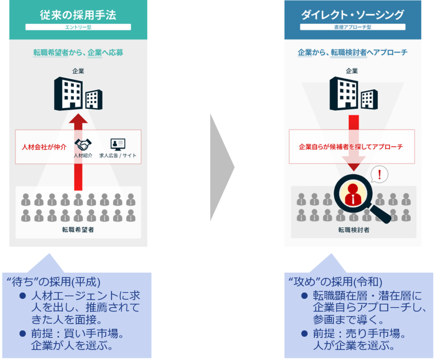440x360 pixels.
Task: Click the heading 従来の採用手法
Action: (78, 15)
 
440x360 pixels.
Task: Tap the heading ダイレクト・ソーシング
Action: (352, 15)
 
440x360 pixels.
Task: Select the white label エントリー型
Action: (78, 27)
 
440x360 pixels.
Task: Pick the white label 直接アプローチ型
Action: (353, 27)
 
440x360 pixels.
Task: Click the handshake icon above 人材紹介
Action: (83, 145)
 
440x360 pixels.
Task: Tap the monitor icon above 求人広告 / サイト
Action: (118, 145)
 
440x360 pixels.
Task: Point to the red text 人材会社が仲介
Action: (44, 147)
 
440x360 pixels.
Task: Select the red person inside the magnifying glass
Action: (353, 194)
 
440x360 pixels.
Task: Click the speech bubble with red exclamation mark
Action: (379, 174)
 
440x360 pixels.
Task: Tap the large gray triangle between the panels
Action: (222, 167)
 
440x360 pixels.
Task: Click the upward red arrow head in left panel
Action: (78, 119)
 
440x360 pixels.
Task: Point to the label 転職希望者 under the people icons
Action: (78, 230)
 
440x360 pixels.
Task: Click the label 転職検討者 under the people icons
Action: (354, 230)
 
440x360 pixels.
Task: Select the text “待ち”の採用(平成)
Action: (53, 282)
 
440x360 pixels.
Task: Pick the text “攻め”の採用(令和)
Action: (335, 282)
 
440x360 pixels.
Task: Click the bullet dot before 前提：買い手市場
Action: (23, 334)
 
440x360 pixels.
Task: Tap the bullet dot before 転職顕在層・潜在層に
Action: (305, 295)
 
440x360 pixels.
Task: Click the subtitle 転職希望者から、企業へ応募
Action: (78, 52)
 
